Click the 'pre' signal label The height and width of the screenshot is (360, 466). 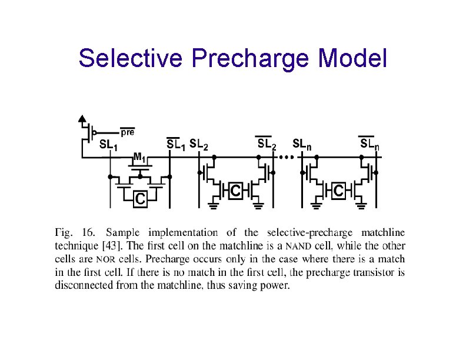[x=128, y=133]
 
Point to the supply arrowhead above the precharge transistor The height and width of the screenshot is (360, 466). [x=82, y=117]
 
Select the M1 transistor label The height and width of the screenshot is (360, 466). [x=140, y=158]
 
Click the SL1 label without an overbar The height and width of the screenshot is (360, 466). [x=108, y=145]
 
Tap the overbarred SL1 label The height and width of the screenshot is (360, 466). [x=175, y=144]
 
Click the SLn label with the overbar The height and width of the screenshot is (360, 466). [x=370, y=144]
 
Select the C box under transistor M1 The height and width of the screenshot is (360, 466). [x=140, y=200]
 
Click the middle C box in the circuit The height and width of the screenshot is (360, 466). [x=235, y=191]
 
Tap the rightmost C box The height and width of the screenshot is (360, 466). [x=339, y=191]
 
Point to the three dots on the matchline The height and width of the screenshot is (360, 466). [x=286, y=158]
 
